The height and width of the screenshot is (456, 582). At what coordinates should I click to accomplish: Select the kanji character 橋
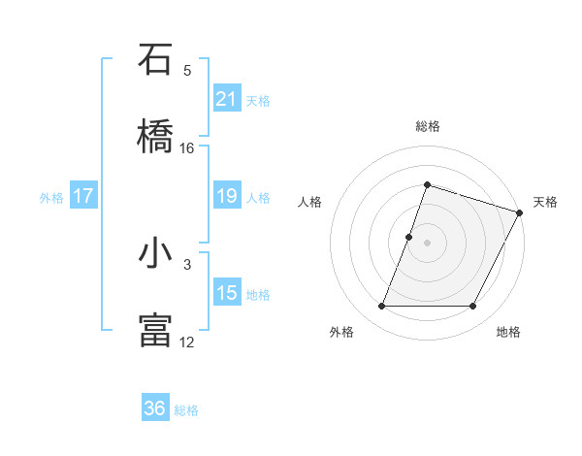156,136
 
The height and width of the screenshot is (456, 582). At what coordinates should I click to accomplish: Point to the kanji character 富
156,330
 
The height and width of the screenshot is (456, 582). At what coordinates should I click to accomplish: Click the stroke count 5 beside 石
187,71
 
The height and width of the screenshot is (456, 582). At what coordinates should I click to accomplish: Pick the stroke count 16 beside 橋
187,147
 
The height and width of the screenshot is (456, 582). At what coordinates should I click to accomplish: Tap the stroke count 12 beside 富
187,342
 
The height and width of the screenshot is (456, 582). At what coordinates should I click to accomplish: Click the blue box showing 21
227,98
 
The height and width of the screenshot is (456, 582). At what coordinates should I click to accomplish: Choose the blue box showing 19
227,196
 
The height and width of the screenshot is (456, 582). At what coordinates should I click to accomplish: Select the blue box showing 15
227,293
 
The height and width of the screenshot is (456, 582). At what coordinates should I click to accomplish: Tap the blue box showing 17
83,196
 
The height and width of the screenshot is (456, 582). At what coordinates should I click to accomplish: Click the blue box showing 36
155,408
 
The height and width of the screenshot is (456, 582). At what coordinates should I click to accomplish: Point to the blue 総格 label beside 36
187,410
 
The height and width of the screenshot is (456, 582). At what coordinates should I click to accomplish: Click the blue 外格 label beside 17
51,198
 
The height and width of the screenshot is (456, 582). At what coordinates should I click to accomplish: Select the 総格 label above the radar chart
427,126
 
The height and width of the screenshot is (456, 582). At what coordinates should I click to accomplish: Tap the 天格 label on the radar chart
545,202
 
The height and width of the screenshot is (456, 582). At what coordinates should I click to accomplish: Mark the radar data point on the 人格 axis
409,237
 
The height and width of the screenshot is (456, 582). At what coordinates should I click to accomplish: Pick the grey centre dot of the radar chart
427,243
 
